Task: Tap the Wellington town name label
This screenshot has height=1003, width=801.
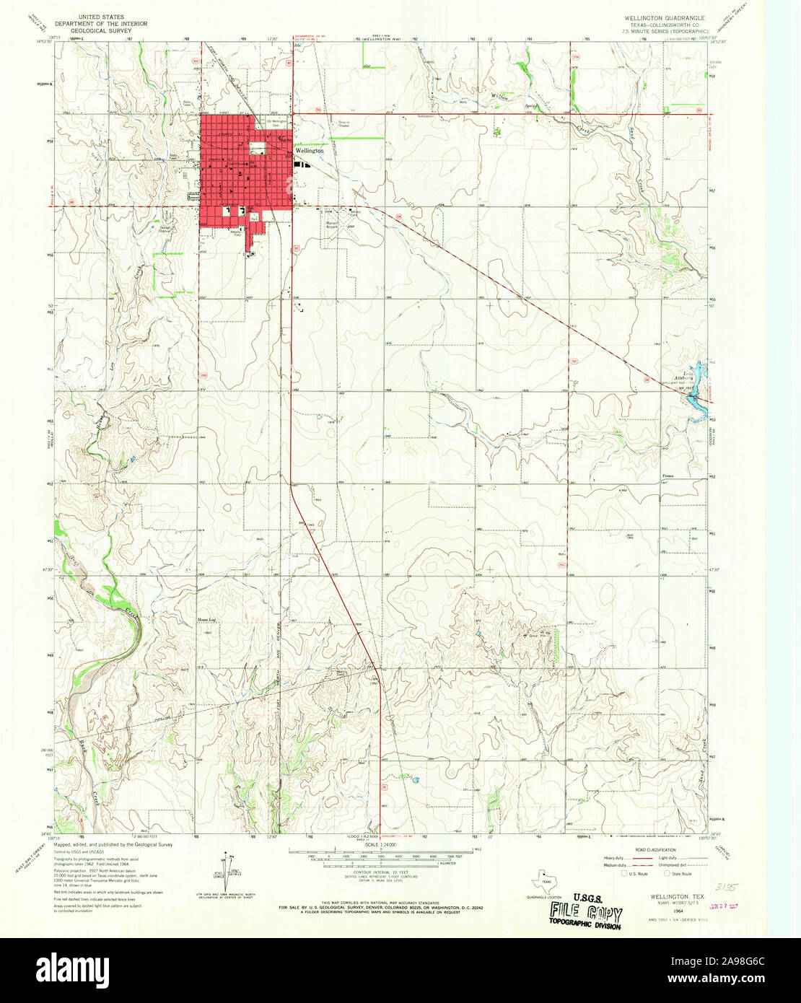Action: pos(310,152)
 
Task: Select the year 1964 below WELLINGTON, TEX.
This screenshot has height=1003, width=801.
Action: pos(678,911)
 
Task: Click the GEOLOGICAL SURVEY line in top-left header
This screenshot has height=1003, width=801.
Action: pos(100,31)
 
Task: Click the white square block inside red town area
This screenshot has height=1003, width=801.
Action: pos(258,148)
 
